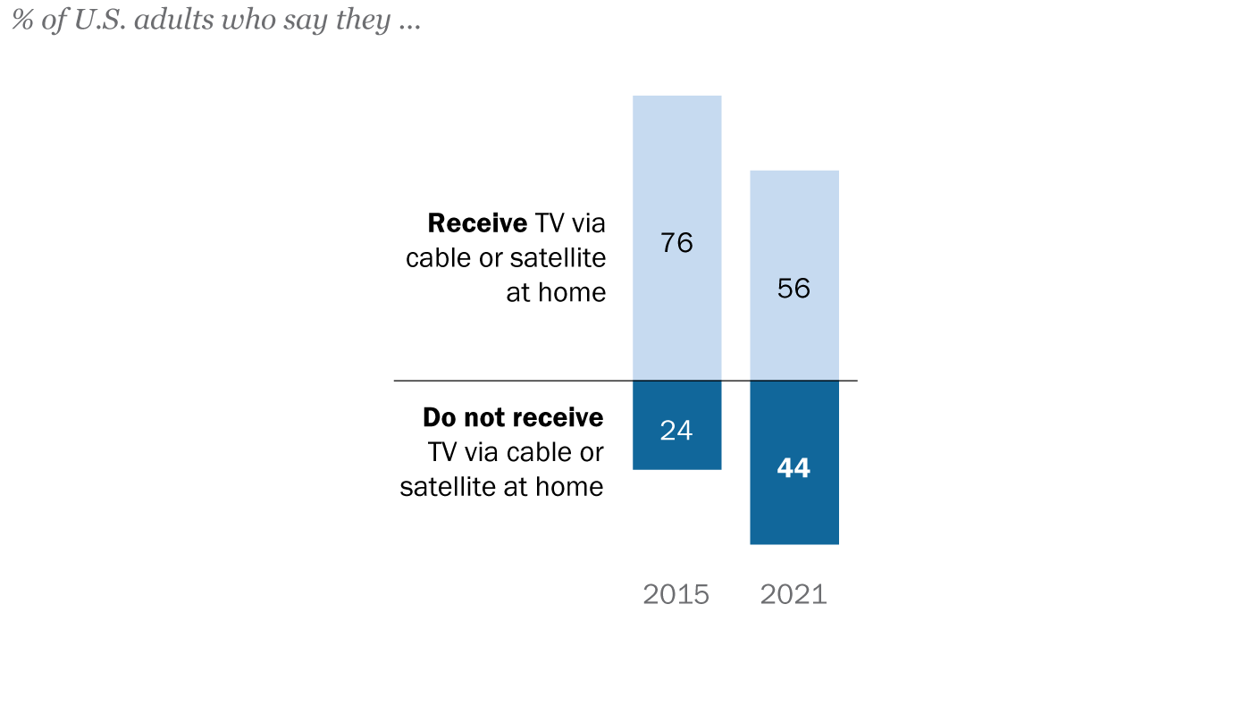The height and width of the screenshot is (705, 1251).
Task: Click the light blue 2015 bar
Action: point(676,161)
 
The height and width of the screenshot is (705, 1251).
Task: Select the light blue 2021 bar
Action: point(793,223)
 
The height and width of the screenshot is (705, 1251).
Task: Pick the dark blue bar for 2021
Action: point(793,509)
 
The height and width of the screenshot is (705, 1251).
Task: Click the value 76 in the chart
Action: point(676,243)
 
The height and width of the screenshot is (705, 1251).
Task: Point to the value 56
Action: point(793,289)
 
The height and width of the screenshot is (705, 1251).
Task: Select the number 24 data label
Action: point(676,431)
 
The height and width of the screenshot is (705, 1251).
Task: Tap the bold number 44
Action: point(793,468)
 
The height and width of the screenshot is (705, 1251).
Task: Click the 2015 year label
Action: point(676,594)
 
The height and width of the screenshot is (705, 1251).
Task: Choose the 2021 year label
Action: point(793,594)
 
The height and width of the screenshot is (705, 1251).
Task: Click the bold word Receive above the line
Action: point(476,223)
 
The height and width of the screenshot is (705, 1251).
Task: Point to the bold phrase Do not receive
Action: point(513,418)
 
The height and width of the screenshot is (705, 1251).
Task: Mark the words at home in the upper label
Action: point(556,292)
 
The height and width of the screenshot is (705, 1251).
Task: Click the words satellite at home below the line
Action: point(501,487)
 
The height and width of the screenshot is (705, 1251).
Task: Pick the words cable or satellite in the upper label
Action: point(506,258)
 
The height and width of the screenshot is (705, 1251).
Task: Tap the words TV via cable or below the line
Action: point(516,452)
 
